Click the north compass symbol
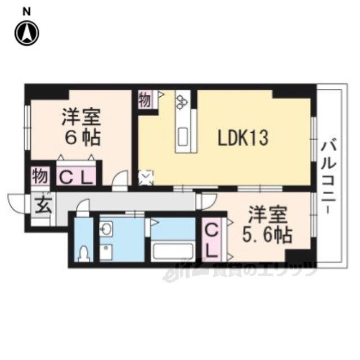pos(27,33)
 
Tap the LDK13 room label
pos(243,138)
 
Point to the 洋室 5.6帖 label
pos(268,225)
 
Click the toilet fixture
pos(84,254)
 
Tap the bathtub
pos(173,251)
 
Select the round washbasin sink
pos(106,229)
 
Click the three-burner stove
pos(182,102)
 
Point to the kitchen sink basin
pos(183,137)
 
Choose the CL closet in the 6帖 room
pos(76,176)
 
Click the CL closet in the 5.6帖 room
pos(211,240)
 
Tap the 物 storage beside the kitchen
pos(145,100)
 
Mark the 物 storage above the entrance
pos(40,176)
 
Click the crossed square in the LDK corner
pos(146,178)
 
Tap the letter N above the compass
pos(26,12)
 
